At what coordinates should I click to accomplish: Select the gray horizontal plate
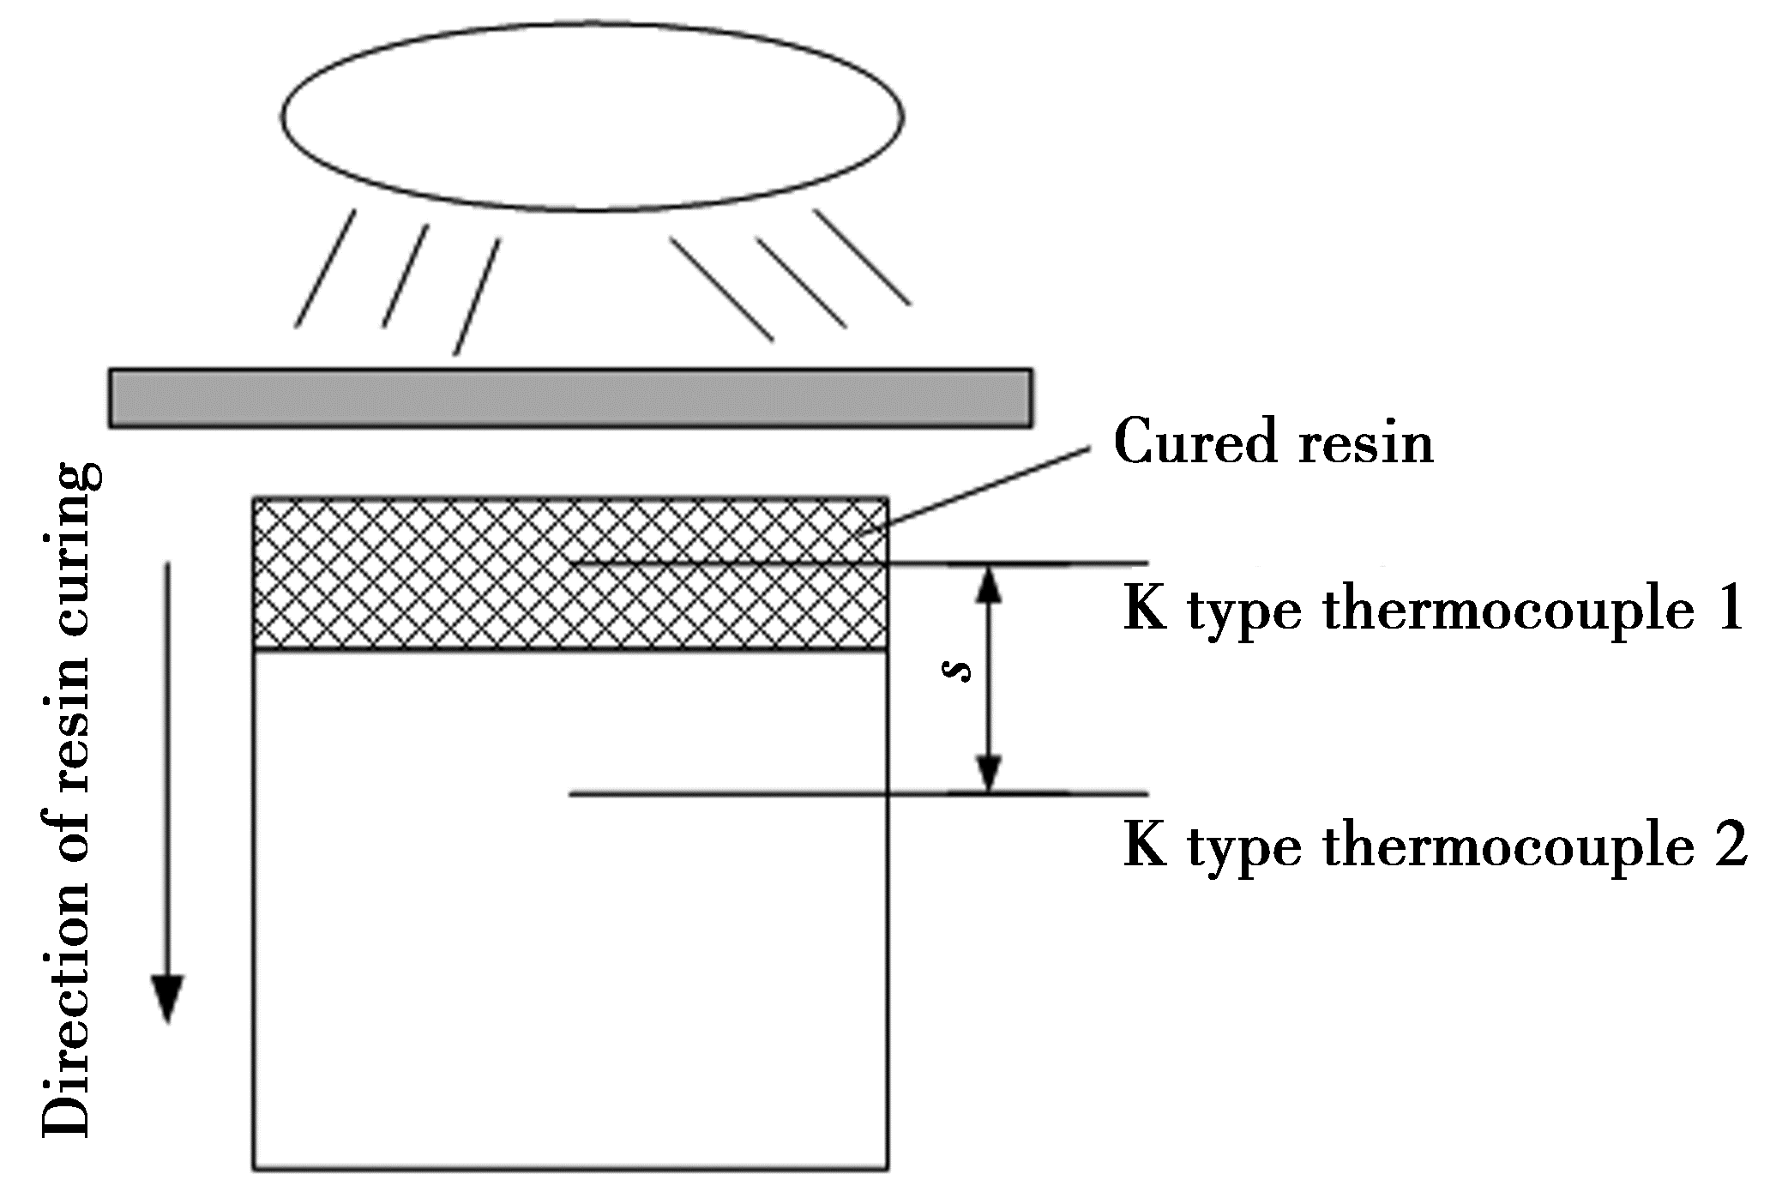[x=569, y=398]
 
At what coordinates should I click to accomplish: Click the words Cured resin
[x=1273, y=444]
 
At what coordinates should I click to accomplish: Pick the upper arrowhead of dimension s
[x=990, y=583]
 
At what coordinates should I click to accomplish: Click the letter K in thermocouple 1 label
[x=1146, y=610]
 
